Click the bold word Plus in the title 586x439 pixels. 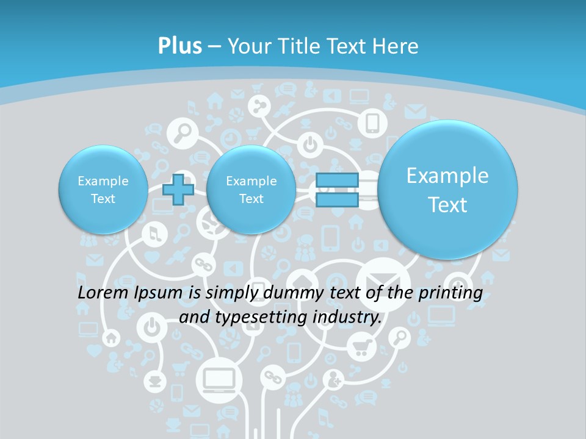coord(179,46)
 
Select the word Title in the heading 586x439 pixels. coord(301,46)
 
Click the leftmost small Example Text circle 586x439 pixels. coord(103,190)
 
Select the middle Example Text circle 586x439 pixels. coord(251,190)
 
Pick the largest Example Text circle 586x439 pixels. coord(447,190)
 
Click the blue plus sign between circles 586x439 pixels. coord(178,190)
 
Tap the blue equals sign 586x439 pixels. coord(337,190)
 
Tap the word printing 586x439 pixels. coord(450,293)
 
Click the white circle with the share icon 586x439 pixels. coord(259,106)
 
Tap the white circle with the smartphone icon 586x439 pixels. coord(372,123)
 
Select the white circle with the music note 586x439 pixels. coord(154,234)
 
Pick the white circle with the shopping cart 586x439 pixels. coord(361,347)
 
